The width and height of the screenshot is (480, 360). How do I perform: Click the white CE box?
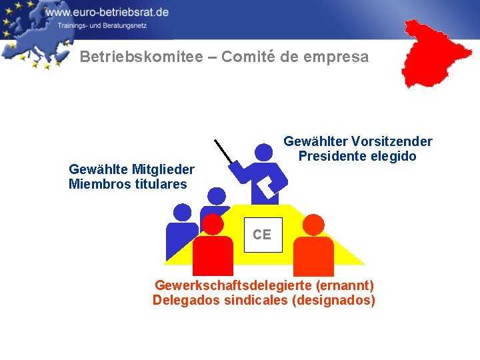click(x=262, y=235)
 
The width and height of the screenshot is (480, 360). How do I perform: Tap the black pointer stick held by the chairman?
click(x=224, y=151)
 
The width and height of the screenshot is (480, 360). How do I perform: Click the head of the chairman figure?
click(x=264, y=153)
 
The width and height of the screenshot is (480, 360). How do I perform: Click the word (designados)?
click(x=335, y=301)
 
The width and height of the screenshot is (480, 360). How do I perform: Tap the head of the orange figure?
click(x=313, y=225)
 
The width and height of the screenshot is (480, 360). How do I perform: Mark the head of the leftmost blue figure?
click(x=182, y=212)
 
